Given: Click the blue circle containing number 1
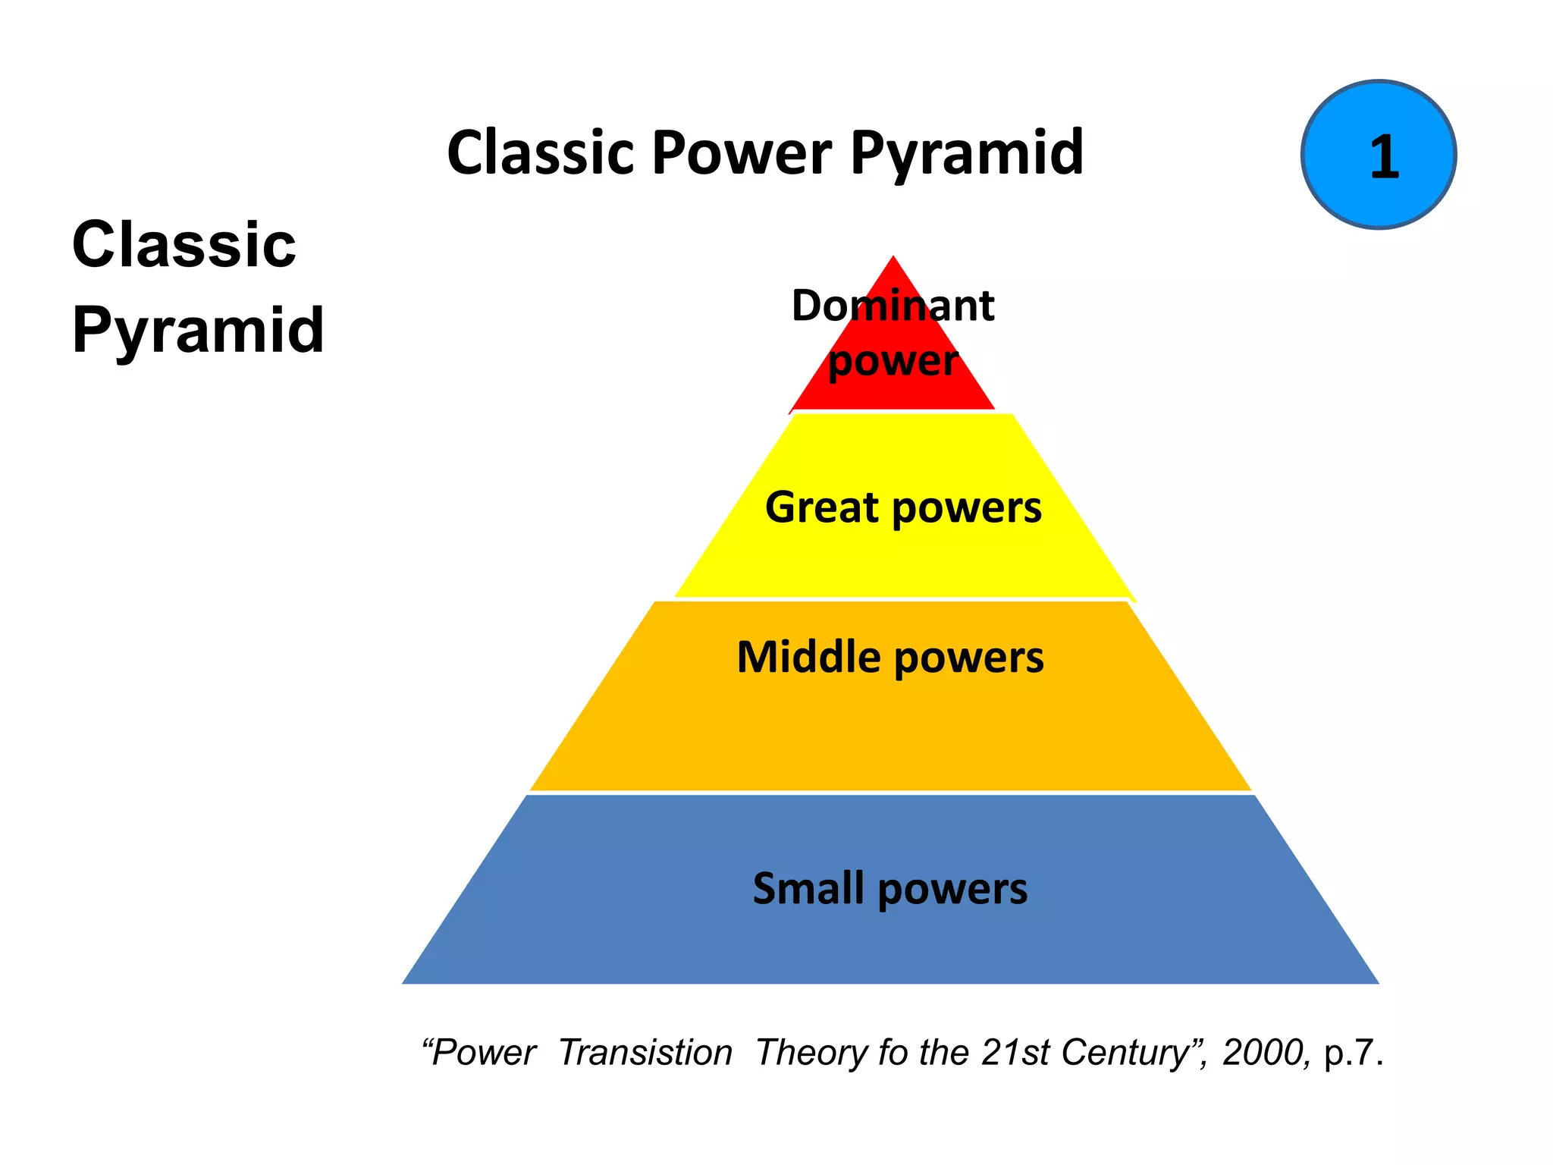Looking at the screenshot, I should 1378,155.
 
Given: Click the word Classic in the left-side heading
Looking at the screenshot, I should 184,244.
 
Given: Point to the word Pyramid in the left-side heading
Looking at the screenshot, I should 198,331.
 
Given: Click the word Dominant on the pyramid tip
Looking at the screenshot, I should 893,306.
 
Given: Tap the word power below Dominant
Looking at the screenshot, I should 893,361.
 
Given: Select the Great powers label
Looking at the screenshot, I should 902,507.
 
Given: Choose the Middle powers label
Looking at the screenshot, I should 890,657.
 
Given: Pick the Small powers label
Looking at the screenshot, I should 889,888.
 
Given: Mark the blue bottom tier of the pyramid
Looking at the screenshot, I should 889,940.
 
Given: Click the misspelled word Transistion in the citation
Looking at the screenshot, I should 645,1053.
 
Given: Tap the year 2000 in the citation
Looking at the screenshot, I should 1265,1053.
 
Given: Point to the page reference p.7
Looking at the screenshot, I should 1351,1053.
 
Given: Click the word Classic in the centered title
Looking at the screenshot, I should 539,153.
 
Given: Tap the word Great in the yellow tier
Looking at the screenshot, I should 821,507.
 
